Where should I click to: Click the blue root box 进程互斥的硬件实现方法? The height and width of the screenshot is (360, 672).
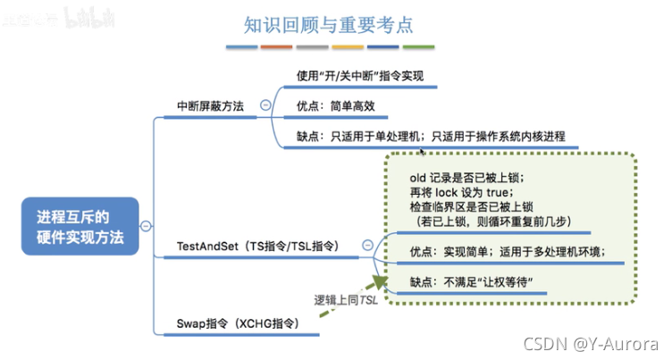pyautogui.click(x=80, y=227)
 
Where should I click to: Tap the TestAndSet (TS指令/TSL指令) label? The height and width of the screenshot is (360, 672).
pyautogui.click(x=260, y=244)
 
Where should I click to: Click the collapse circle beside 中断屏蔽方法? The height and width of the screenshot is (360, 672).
pyautogui.click(x=265, y=105)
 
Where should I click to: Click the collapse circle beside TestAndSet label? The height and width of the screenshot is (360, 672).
pyautogui.click(x=367, y=244)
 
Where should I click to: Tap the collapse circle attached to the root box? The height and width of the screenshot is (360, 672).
pyautogui.click(x=146, y=227)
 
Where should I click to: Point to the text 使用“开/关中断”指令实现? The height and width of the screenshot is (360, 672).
pyautogui.click(x=360, y=76)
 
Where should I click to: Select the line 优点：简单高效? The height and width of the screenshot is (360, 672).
pyautogui.click(x=335, y=106)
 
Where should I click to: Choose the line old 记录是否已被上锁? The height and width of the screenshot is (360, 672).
pyautogui.click(x=466, y=178)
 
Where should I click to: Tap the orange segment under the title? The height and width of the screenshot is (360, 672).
pyautogui.click(x=349, y=46)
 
